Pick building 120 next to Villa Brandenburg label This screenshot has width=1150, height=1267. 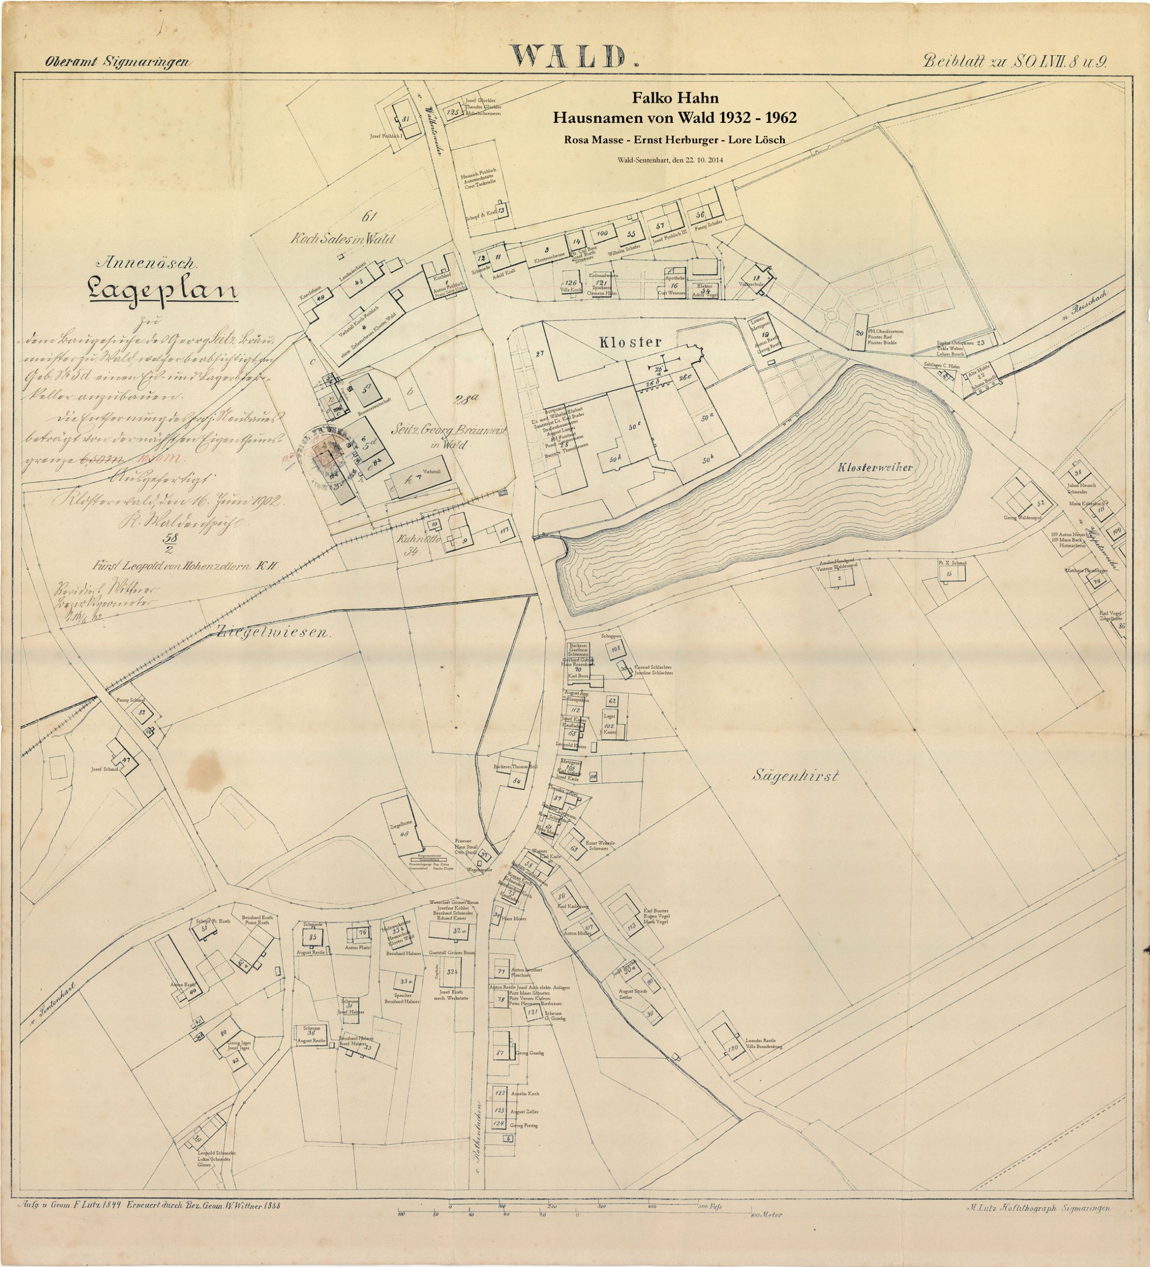pos(732,1048)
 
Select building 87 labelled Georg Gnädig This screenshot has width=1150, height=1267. pos(501,1052)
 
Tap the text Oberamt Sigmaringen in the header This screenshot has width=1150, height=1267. pos(117,61)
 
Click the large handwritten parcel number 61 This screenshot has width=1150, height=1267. pos(369,217)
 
